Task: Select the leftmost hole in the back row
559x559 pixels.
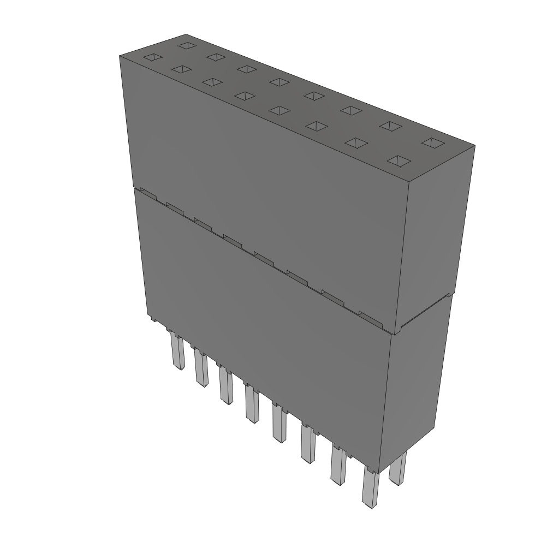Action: point(187,45)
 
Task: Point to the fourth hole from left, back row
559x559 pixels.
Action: point(279,81)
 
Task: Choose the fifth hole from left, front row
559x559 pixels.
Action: point(279,110)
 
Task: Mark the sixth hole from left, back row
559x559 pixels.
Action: point(350,110)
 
